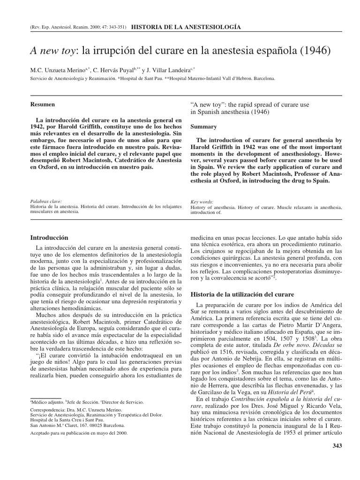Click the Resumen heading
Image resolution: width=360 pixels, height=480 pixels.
pyautogui.click(x=42, y=104)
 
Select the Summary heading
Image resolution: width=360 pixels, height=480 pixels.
pyautogui.click(x=204, y=127)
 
